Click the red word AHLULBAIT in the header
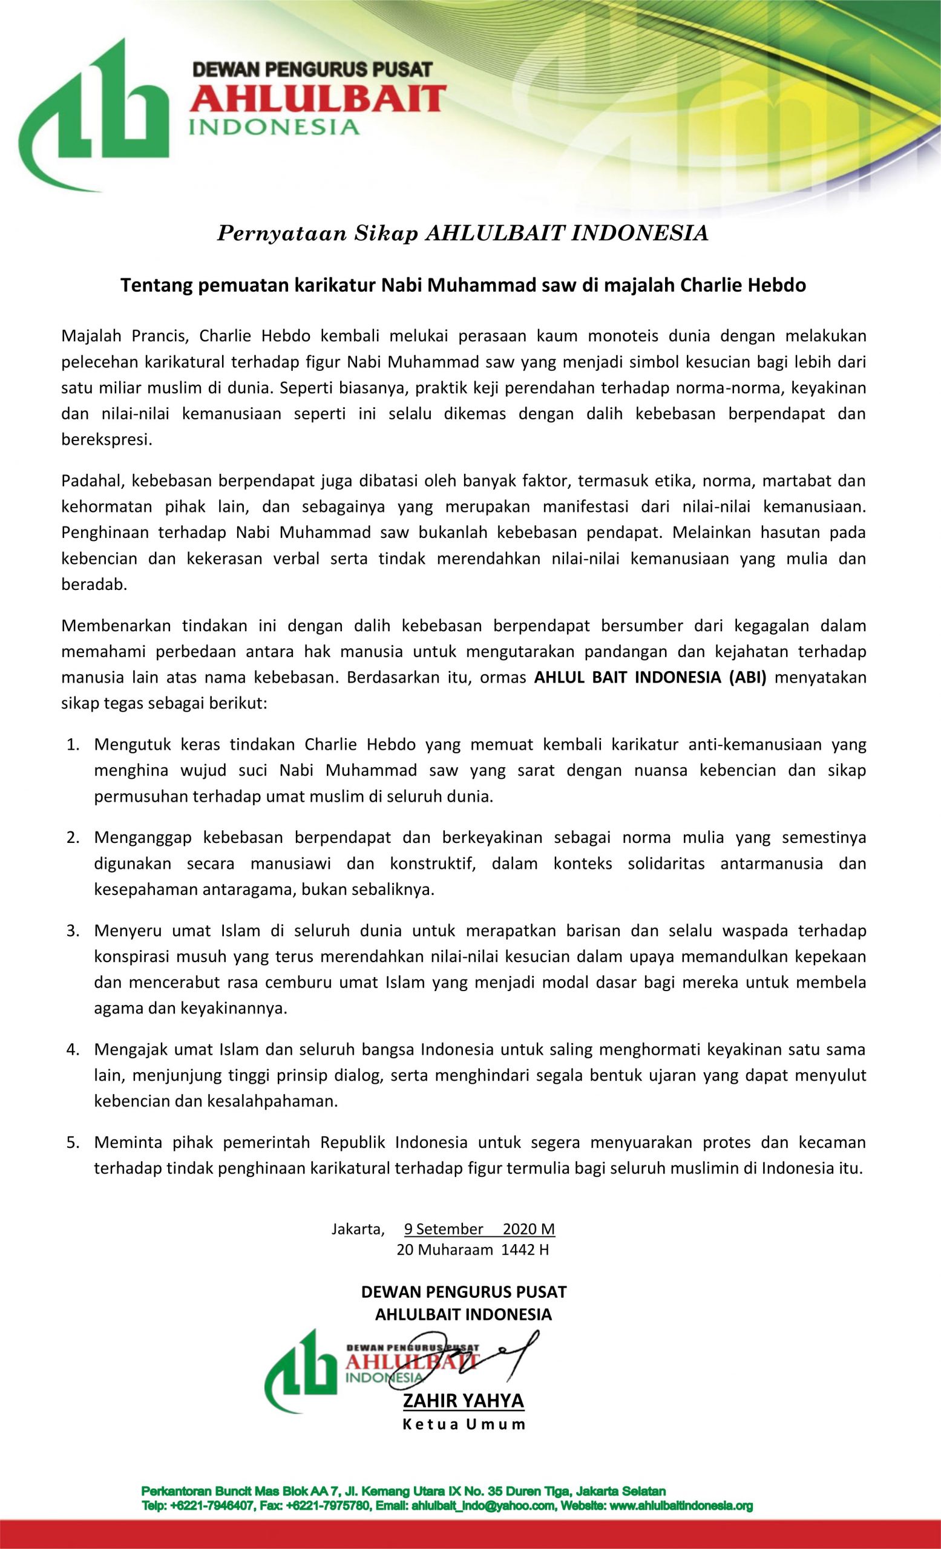[x=318, y=99]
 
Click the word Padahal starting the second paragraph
[x=94, y=481]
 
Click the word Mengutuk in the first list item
[x=131, y=744]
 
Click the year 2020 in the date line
[x=519, y=1229]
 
